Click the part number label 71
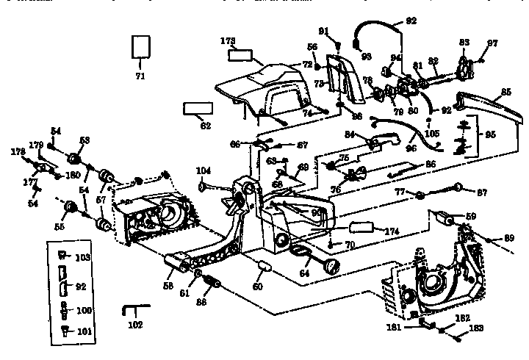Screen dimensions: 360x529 point(140,76)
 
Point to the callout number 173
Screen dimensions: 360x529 point(228,41)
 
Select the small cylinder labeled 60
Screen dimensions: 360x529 point(264,267)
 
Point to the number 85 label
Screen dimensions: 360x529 point(505,93)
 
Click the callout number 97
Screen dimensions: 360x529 point(492,43)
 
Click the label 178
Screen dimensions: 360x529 point(18,151)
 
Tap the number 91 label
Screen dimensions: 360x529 point(323,30)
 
